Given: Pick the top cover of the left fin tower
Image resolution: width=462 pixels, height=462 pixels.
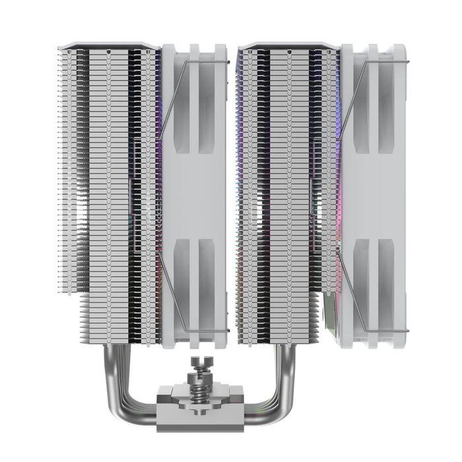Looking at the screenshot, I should point(109,47).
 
